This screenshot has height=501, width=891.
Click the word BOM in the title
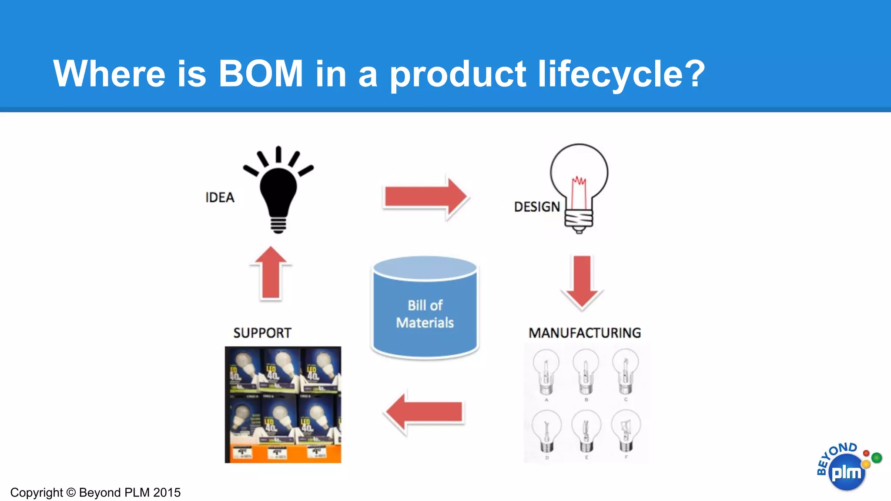(260, 73)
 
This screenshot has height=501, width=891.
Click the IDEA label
(220, 197)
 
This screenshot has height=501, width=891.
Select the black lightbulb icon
(278, 191)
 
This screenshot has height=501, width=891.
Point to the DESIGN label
(537, 207)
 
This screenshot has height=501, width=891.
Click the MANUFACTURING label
(584, 333)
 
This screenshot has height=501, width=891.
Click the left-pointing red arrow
(424, 412)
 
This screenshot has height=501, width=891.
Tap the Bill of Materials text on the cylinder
(425, 314)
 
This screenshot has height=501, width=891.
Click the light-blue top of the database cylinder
(425, 267)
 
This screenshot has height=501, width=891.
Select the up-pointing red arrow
(271, 274)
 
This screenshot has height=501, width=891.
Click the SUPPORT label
(262, 333)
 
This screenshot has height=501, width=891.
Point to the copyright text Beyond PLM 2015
(130, 492)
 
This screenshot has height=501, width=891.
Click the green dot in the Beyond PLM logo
(877, 458)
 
